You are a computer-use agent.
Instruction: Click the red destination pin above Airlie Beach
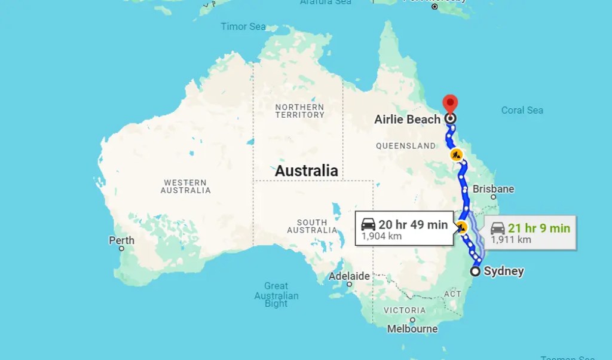(x=449, y=103)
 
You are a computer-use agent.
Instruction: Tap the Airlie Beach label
(x=407, y=119)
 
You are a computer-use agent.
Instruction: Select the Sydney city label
(x=503, y=271)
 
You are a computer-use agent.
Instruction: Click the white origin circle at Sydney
(x=475, y=271)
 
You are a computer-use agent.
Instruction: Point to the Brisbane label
(x=493, y=189)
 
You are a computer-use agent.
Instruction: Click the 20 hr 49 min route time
(x=412, y=225)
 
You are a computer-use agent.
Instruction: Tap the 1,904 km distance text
(x=381, y=236)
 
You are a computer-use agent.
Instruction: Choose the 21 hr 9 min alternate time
(x=538, y=228)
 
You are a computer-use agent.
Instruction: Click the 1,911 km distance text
(x=511, y=240)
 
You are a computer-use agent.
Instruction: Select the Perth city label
(x=121, y=240)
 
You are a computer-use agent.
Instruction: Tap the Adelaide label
(x=349, y=276)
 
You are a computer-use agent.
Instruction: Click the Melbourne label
(x=412, y=329)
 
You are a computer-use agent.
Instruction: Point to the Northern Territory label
(x=299, y=111)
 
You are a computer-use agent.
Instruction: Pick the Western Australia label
(x=185, y=187)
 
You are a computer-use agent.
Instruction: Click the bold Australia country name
(x=306, y=171)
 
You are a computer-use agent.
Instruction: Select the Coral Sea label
(x=522, y=110)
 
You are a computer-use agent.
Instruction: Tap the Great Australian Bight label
(x=276, y=295)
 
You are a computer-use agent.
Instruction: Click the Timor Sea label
(x=243, y=26)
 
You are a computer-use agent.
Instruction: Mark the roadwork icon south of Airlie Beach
(x=457, y=155)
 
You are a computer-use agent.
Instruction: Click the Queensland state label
(x=406, y=146)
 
